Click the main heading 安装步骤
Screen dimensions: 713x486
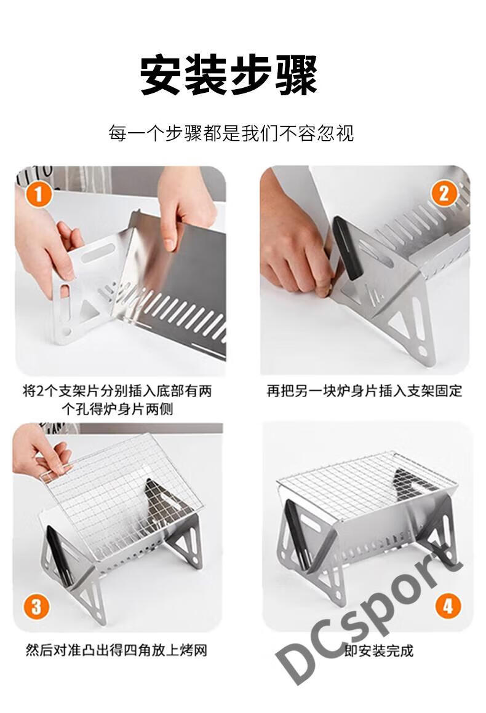point(229,76)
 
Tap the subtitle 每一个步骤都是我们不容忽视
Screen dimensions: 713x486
point(231,133)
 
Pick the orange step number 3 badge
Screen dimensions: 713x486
point(36,607)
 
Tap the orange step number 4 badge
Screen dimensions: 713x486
point(447,607)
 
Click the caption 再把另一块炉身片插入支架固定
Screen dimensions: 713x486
point(364,392)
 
